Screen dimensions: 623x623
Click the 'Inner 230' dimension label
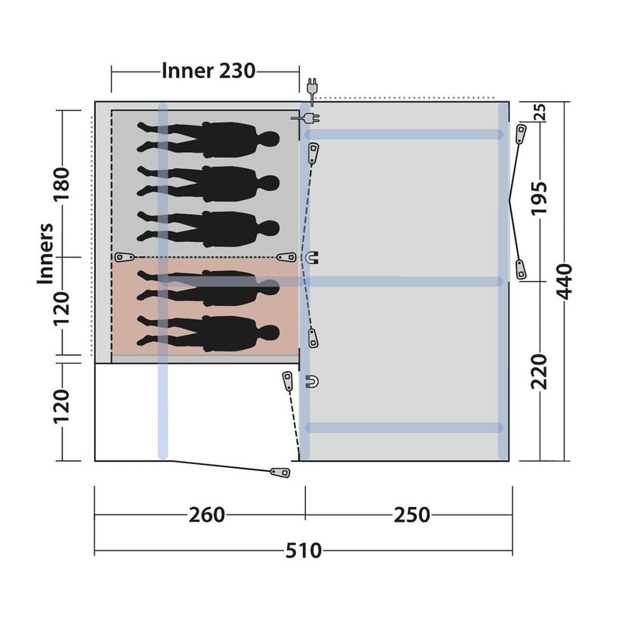[208, 71]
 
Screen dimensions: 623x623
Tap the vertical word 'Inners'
[45, 254]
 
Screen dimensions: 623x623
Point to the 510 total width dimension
[303, 551]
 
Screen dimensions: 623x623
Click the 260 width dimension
[206, 515]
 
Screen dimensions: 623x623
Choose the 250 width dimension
[412, 515]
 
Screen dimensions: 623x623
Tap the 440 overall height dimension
[564, 281]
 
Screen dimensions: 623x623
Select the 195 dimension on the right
[539, 199]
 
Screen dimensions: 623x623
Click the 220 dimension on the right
[539, 371]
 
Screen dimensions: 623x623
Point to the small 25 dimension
[540, 112]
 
